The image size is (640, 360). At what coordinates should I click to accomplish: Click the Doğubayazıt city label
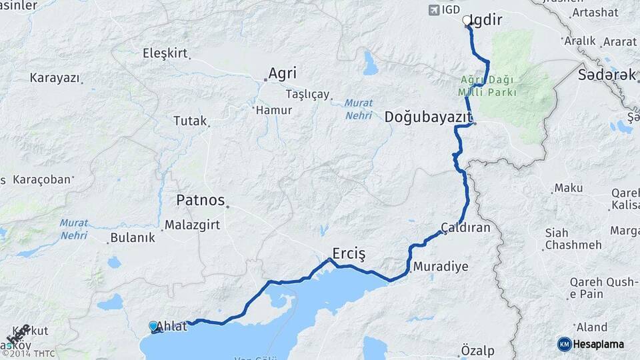click(x=427, y=117)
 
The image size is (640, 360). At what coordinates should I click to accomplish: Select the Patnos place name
click(x=200, y=199)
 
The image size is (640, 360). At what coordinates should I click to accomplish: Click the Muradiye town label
click(x=441, y=267)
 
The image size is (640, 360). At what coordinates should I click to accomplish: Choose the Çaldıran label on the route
click(x=465, y=227)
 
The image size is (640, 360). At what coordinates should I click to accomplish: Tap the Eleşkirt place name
click(x=165, y=53)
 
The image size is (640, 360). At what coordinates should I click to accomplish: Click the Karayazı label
click(x=54, y=77)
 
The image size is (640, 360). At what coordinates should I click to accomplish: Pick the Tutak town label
click(x=190, y=121)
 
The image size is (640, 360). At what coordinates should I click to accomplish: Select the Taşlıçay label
click(x=307, y=94)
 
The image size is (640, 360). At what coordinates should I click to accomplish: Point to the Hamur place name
click(x=274, y=110)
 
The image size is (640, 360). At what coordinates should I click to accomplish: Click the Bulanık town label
click(x=133, y=237)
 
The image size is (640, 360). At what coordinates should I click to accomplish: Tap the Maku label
click(x=568, y=189)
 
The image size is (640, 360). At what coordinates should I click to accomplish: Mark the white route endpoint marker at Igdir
click(x=467, y=21)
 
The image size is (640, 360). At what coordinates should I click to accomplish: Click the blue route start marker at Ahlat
click(x=154, y=326)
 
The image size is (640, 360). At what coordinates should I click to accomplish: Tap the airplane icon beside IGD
click(x=435, y=9)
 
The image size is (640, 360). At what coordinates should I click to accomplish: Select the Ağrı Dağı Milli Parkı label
click(x=488, y=86)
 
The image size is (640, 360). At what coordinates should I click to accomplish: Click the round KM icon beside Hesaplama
click(x=564, y=344)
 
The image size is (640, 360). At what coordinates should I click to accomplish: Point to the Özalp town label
click(x=477, y=350)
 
